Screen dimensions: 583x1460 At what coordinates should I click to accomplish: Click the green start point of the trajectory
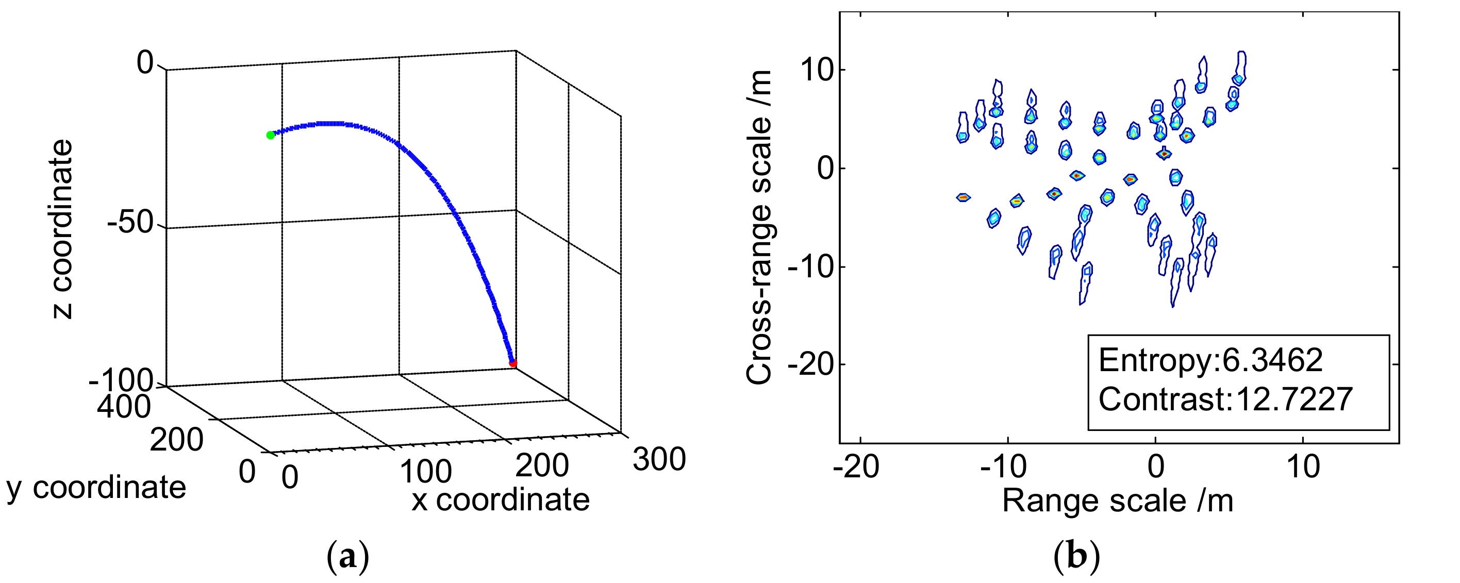tap(270, 135)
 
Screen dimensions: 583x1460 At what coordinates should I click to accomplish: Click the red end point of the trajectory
tap(513, 363)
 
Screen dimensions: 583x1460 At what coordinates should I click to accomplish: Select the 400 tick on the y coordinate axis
tap(124, 407)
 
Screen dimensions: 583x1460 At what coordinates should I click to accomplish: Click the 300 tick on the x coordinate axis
tap(659, 459)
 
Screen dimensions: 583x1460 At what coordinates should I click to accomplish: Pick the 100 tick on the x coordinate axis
tap(426, 471)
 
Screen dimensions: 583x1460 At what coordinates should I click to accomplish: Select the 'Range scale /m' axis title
tap(1118, 501)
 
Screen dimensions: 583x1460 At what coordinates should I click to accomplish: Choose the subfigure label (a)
tap(348, 558)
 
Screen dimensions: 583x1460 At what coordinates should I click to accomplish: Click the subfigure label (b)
tap(1076, 558)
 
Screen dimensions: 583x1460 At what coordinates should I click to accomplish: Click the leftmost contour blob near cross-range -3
tap(963, 197)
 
